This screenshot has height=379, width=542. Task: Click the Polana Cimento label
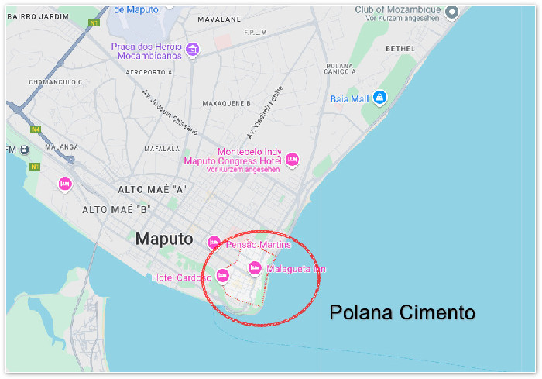click(x=402, y=313)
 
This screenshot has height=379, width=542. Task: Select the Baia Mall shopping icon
click(x=379, y=98)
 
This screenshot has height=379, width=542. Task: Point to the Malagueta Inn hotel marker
click(x=255, y=268)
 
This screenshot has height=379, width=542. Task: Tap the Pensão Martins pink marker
click(x=214, y=241)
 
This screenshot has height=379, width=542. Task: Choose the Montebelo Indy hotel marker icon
click(x=292, y=160)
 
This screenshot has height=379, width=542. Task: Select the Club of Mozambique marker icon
click(x=452, y=10)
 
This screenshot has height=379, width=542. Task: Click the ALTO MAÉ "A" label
click(x=153, y=189)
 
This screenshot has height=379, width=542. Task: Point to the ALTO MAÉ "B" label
click(x=116, y=209)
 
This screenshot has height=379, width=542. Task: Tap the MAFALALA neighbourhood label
click(x=161, y=149)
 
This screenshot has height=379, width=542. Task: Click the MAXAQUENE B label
click(x=226, y=103)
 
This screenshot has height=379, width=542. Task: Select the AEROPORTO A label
click(x=147, y=71)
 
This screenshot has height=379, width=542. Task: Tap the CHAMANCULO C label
click(x=55, y=81)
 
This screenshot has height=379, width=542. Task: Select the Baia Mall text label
click(x=349, y=98)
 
